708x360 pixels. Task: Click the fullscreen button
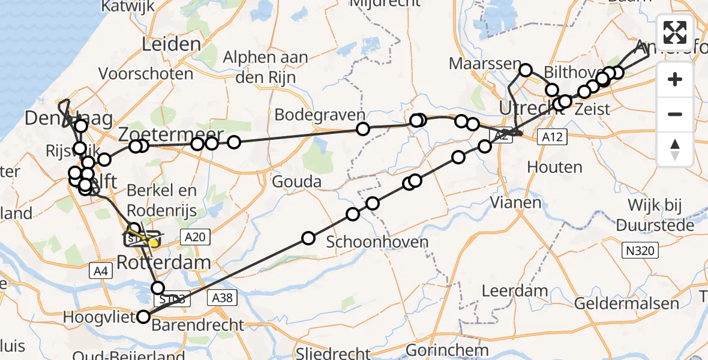pyautogui.click(x=675, y=32)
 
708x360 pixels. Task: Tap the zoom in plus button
pyautogui.click(x=675, y=79)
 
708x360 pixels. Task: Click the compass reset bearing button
pyautogui.click(x=675, y=149)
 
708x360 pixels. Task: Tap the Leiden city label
pyautogui.click(x=171, y=44)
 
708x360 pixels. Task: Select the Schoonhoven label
pyautogui.click(x=377, y=242)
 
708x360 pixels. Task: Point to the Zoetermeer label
pyautogui.click(x=171, y=134)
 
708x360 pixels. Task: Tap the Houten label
pyautogui.click(x=554, y=167)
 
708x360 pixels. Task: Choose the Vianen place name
pyautogui.click(x=515, y=202)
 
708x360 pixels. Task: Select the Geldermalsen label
pyautogui.click(x=627, y=303)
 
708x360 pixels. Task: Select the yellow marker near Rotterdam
pyautogui.click(x=154, y=242)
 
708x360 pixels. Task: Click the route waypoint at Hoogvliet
pyautogui.click(x=143, y=317)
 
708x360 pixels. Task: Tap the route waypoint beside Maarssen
pyautogui.click(x=526, y=70)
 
